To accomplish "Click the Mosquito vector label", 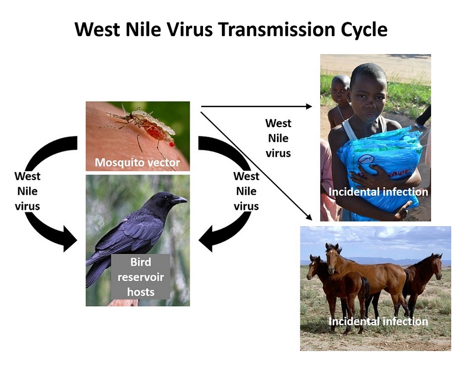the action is coord(137,163).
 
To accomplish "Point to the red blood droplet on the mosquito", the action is coord(172,144).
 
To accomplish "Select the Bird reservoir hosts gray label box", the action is coord(141,277).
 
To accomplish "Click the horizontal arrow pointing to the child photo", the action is coord(257,106).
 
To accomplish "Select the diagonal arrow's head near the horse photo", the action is coord(309,217).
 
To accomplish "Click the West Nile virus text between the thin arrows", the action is coord(278,138).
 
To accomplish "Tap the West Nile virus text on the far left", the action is coord(27,191).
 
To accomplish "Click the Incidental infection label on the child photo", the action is coord(378,192).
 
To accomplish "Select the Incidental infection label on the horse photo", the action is coord(378,322).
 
